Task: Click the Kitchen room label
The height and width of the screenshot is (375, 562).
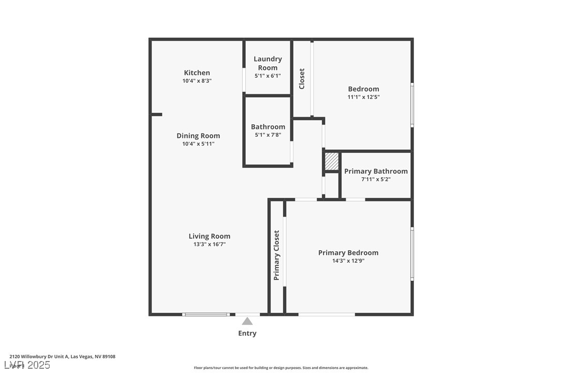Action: pos(197,73)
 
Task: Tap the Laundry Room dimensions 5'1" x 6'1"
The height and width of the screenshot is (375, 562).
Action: pos(268,76)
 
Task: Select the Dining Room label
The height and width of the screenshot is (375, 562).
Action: pos(198,136)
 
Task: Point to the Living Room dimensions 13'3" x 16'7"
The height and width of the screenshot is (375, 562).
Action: pos(209,244)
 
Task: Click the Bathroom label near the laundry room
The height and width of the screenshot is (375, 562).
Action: pos(268,126)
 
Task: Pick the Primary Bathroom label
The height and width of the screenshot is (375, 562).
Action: pos(376,171)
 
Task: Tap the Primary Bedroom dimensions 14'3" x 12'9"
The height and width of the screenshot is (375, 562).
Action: pos(348,261)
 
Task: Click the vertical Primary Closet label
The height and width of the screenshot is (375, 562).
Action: pos(277,255)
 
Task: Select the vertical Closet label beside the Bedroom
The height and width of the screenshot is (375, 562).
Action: pos(302,79)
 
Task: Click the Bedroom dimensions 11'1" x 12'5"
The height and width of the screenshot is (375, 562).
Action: pos(363,97)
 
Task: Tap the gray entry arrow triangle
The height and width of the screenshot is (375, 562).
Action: pos(247,321)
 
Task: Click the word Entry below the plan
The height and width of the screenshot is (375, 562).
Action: pos(247,333)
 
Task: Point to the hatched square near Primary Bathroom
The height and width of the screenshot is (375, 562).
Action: pos(332,161)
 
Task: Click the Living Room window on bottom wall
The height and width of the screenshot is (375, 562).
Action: pos(206,314)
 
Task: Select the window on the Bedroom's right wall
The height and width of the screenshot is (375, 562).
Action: pos(412,105)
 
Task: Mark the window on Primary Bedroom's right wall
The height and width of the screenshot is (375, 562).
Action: pos(412,254)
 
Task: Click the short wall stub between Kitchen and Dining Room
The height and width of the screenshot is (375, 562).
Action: pos(156,114)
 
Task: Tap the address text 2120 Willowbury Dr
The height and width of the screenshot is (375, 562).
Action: pos(62,356)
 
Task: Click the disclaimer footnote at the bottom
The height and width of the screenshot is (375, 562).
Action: pos(281,368)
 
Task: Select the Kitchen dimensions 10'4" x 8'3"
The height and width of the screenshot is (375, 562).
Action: pos(197,81)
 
